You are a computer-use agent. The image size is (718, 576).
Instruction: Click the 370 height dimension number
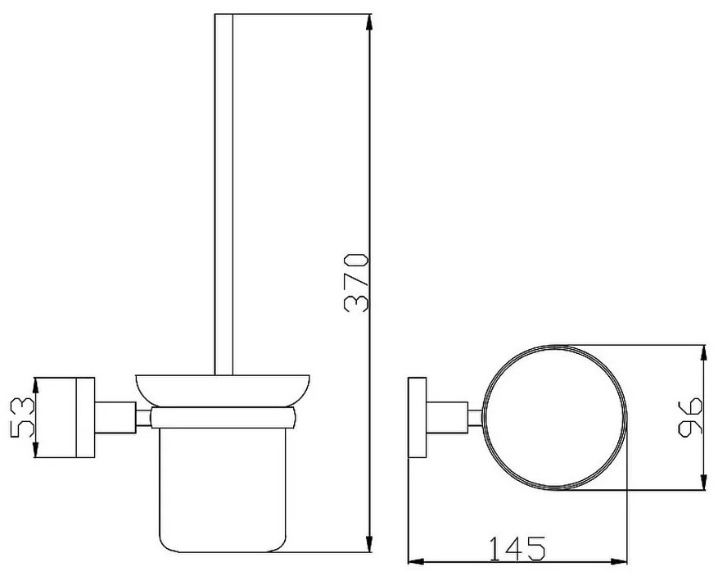(356, 282)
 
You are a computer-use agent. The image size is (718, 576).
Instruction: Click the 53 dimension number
(22, 417)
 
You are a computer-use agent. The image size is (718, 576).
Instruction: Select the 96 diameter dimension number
(689, 417)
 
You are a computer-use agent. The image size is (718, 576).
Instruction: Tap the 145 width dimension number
(517, 548)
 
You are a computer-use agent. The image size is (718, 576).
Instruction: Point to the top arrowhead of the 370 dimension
(369, 21)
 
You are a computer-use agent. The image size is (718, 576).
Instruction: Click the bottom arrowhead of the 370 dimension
(369, 545)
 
